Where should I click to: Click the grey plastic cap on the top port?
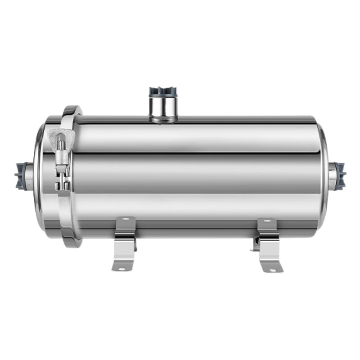tap(163, 91)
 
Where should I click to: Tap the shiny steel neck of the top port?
tap(163, 106)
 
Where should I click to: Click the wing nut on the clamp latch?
tap(62, 137)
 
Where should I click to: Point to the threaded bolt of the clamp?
tap(62, 155)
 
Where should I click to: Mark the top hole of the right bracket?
tap(267, 220)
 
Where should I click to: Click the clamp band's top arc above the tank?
tap(72, 110)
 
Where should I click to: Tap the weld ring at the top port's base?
tap(163, 119)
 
